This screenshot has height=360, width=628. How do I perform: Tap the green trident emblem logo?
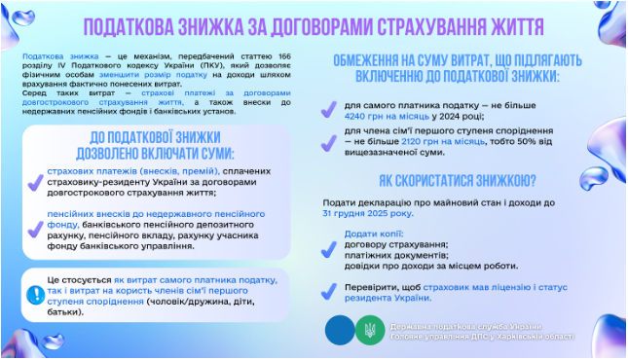[x=371, y=330]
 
